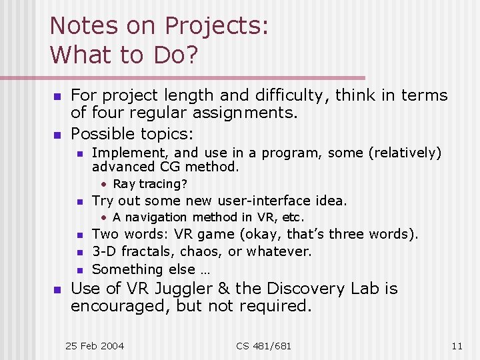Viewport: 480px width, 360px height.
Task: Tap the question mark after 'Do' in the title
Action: (x=191, y=55)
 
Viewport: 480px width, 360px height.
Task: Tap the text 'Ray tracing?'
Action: (x=150, y=184)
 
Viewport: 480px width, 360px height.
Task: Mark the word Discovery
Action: (x=294, y=289)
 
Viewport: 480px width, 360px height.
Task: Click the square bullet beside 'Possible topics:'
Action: (x=57, y=135)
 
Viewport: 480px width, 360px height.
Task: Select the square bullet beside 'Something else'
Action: (x=79, y=270)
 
